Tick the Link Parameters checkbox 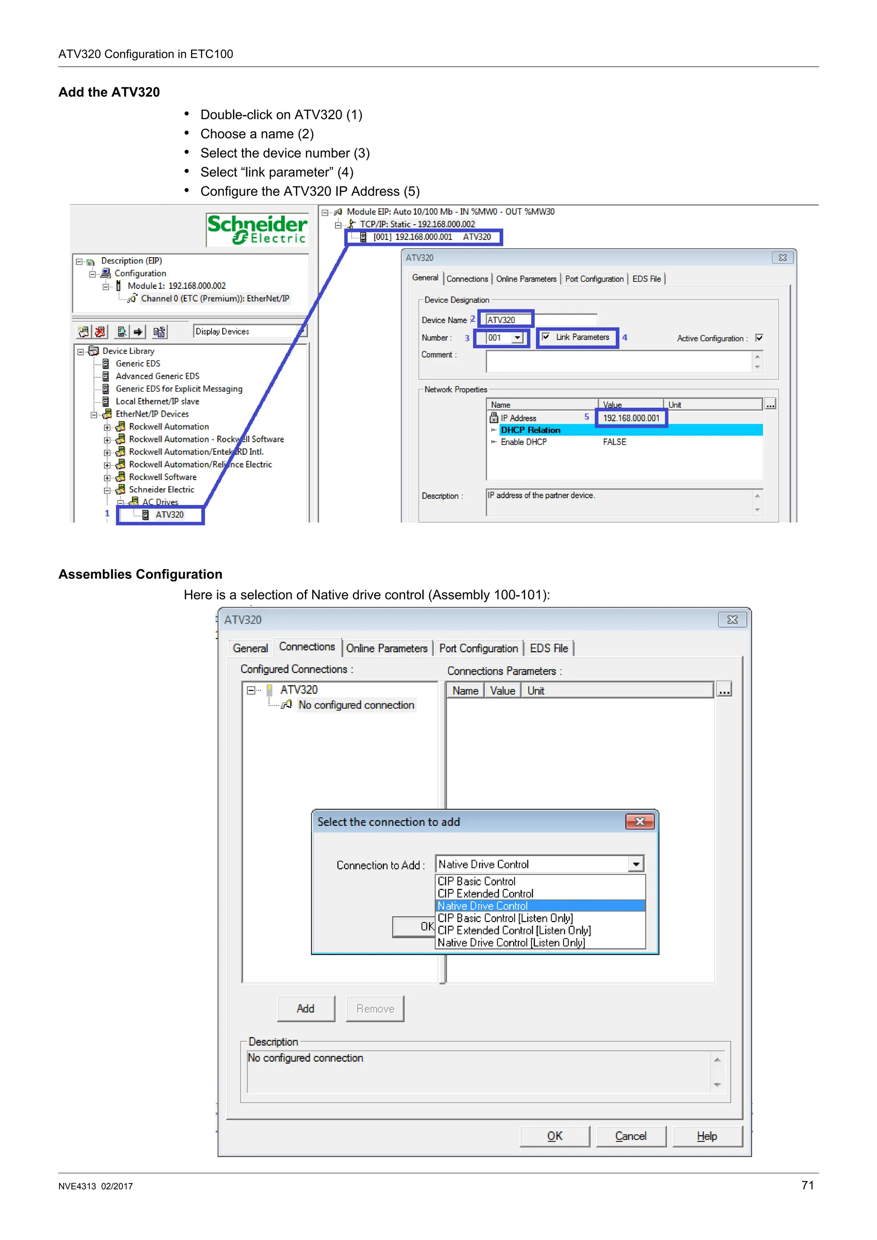(546, 337)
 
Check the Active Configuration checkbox (759, 338)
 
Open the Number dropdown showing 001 (517, 338)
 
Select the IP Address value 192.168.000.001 (631, 418)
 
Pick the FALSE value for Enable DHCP (614, 442)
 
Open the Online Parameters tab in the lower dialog (386, 648)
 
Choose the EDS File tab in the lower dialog (549, 648)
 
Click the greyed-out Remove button (375, 1009)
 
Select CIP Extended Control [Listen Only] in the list (514, 930)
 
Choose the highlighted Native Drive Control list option (483, 906)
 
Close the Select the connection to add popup (640, 822)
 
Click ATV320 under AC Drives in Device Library (169, 515)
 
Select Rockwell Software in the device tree (163, 477)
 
